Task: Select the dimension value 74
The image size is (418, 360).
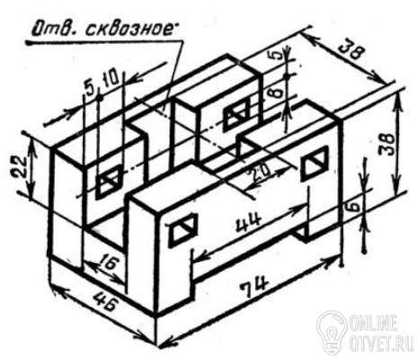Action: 254,288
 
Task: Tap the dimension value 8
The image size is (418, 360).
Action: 278,92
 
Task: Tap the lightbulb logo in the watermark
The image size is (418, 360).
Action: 332,332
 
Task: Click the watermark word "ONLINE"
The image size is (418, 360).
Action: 374,322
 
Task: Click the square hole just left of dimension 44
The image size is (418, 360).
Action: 182,230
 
